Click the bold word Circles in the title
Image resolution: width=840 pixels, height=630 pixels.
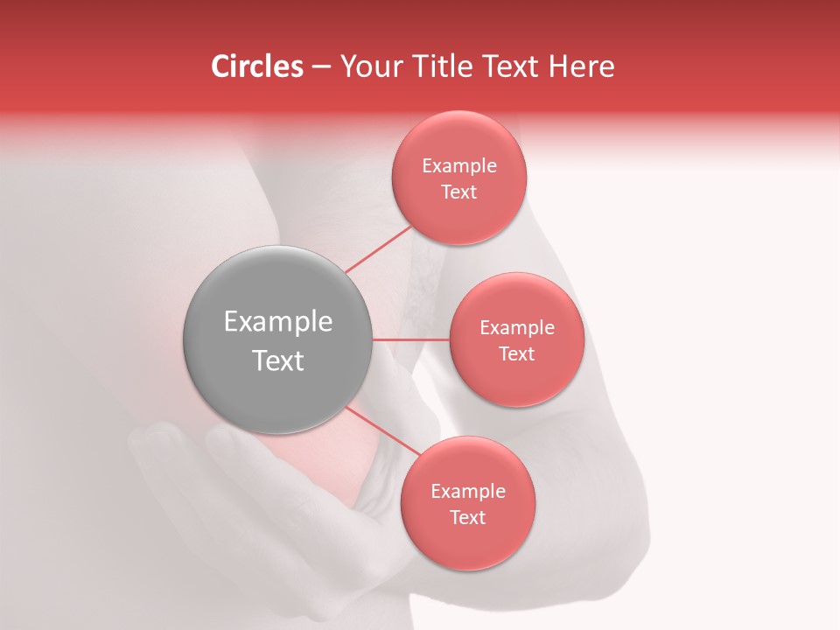[256, 66]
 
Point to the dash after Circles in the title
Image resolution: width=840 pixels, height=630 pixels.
[321, 67]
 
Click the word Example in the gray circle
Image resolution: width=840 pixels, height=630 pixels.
[278, 322]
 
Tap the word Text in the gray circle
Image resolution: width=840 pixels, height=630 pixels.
[278, 360]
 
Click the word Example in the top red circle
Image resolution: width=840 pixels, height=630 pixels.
[459, 166]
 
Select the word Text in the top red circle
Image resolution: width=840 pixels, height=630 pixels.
[459, 192]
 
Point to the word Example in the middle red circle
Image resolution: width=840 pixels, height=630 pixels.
[516, 328]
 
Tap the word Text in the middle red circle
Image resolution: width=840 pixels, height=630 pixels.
[516, 354]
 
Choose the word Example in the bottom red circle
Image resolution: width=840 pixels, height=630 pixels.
[467, 492]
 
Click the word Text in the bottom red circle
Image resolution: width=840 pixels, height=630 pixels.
[467, 518]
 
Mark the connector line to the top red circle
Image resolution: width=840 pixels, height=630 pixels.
[377, 249]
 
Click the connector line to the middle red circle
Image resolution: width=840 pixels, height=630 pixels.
[411, 339]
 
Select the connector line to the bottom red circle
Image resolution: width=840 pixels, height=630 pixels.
[384, 431]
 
